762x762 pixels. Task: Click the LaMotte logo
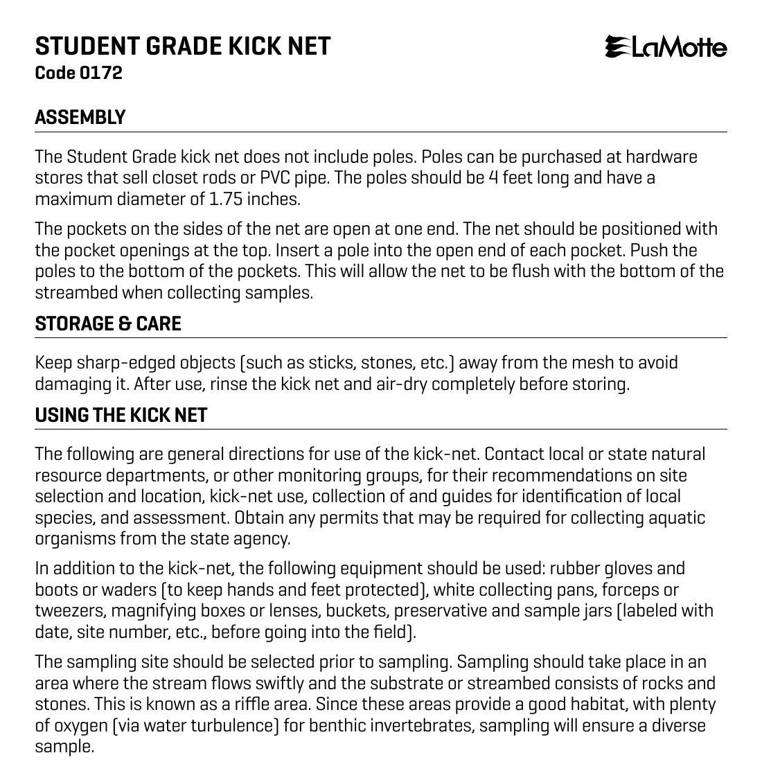click(x=666, y=47)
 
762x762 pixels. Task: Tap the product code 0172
click(x=100, y=73)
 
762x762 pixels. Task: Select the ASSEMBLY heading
click(x=80, y=117)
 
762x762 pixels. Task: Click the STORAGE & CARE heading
click(x=108, y=324)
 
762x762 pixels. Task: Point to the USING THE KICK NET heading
click(x=121, y=415)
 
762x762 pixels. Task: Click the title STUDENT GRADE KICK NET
click(x=183, y=46)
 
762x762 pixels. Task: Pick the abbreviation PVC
click(x=277, y=178)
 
